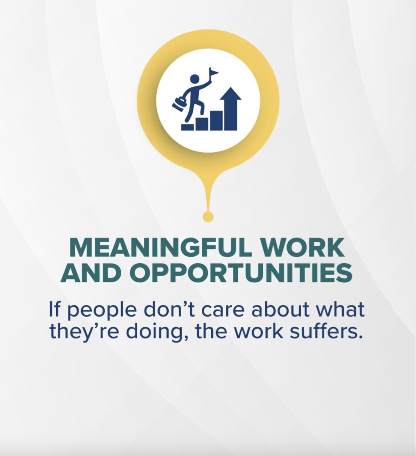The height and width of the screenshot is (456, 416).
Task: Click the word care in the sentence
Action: click(225, 310)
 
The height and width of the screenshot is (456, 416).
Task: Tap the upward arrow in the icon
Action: click(230, 109)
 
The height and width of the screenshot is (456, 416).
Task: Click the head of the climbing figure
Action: click(194, 79)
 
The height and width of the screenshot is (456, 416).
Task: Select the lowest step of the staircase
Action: click(188, 127)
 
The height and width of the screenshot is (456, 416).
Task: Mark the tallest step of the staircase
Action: click(216, 120)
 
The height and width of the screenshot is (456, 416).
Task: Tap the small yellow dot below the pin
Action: click(208, 217)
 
